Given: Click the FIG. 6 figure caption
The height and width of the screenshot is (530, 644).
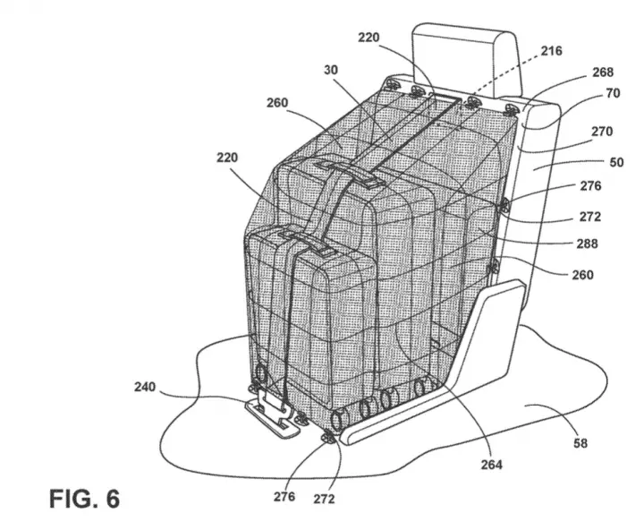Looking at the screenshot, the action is pyautogui.click(x=85, y=499).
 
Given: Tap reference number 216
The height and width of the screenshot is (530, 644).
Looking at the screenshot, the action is pyautogui.click(x=551, y=51).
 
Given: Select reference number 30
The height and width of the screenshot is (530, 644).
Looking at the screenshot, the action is pyautogui.click(x=331, y=70).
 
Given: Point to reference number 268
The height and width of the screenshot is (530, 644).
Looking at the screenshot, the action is pyautogui.click(x=603, y=73).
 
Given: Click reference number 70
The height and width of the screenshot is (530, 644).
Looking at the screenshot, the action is pyautogui.click(x=613, y=93).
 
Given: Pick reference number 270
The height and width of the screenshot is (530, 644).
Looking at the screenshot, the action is pyautogui.click(x=602, y=132).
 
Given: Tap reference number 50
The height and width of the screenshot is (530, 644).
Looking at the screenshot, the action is pyautogui.click(x=616, y=162).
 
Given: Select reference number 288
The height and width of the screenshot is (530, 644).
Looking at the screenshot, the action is pyautogui.click(x=587, y=244).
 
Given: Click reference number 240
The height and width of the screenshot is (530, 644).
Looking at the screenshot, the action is pyautogui.click(x=145, y=387).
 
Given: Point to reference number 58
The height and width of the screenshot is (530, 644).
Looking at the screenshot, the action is pyautogui.click(x=580, y=443).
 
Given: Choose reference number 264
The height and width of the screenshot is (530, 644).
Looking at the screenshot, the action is pyautogui.click(x=492, y=465).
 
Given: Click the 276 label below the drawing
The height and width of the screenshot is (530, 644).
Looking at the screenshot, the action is pyautogui.click(x=284, y=497).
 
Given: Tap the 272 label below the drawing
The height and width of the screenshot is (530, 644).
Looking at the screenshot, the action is pyautogui.click(x=324, y=500).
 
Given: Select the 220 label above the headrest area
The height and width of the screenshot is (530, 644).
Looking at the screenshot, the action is pyautogui.click(x=369, y=38).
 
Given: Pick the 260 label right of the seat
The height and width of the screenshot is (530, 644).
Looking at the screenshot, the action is pyautogui.click(x=583, y=275).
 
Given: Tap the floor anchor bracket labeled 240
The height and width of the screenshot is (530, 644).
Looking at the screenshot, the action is pyautogui.click(x=271, y=415).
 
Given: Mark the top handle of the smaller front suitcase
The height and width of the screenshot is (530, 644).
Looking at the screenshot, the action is pyautogui.click(x=307, y=244).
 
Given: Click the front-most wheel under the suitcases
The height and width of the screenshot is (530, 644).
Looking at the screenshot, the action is pyautogui.click(x=339, y=421).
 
